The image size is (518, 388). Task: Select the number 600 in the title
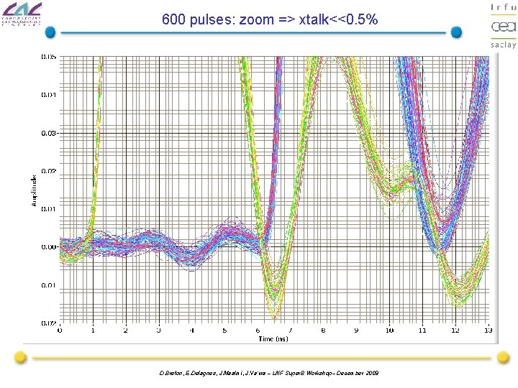tap(174, 19)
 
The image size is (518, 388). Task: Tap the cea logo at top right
tap(503, 27)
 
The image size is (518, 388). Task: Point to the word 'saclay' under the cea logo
tap(503, 45)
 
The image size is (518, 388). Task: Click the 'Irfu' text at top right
tap(503, 7)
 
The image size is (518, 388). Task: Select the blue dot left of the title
tap(50, 32)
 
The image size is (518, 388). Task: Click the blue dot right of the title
tap(456, 32)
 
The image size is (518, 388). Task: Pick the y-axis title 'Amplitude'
tap(34, 190)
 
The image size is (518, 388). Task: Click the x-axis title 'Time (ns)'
tap(273, 338)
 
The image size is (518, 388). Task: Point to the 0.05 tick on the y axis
tap(49, 56)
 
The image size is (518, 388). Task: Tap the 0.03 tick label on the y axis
tap(49, 133)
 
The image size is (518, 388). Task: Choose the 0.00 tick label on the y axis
tap(49, 247)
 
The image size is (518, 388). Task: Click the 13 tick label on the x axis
tap(489, 331)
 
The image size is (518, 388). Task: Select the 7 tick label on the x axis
tap(291, 331)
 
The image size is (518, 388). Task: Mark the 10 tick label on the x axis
tap(389, 331)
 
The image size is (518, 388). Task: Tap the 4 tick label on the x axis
tap(191, 331)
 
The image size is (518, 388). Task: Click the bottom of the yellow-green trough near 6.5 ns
tap(275, 315)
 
